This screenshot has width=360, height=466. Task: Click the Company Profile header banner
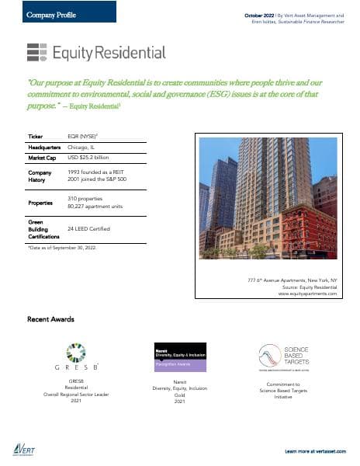click(x=59, y=12)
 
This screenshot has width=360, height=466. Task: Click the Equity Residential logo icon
click(x=36, y=52)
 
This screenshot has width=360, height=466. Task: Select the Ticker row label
click(x=36, y=135)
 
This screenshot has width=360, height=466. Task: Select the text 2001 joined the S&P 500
click(x=97, y=179)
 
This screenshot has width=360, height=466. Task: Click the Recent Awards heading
click(x=50, y=319)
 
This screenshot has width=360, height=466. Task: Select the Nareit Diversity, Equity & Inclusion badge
click(x=179, y=355)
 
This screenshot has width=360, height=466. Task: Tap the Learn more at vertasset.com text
click(x=313, y=450)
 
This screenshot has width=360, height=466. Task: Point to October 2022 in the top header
click(x=259, y=16)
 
